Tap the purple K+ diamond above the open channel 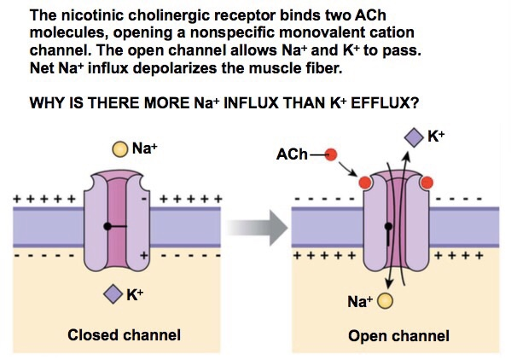point(413,136)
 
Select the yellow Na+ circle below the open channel point(386,301)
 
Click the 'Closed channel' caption point(124,335)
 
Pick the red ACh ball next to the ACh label point(332,155)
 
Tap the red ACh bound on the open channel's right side point(427,183)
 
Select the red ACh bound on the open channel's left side point(365,183)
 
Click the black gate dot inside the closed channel point(106,227)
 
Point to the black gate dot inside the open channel point(389,227)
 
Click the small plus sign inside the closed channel point(143,255)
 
